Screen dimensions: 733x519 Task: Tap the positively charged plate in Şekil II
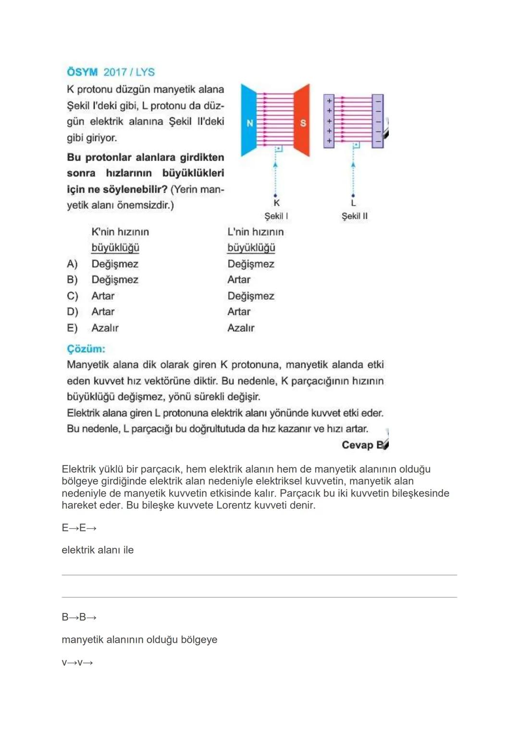(x=329, y=121)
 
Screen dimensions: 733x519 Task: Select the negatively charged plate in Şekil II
(x=378, y=121)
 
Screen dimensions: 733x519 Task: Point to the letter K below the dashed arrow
(x=276, y=204)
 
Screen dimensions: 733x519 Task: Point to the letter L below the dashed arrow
(x=353, y=204)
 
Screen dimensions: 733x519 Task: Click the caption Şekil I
(x=276, y=216)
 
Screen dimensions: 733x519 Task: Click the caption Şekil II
(x=355, y=216)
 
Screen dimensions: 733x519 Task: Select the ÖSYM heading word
(x=82, y=72)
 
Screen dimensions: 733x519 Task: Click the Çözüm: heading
(x=86, y=349)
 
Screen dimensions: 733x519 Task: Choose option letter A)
(x=72, y=264)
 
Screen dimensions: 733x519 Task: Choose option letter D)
(x=72, y=312)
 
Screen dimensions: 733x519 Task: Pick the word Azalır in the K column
(x=105, y=328)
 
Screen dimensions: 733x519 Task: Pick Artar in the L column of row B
(x=239, y=280)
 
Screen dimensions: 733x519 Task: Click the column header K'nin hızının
(x=120, y=232)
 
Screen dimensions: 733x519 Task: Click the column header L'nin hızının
(x=256, y=232)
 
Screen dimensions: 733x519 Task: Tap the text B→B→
(x=79, y=617)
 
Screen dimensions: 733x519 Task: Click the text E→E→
(x=79, y=528)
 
